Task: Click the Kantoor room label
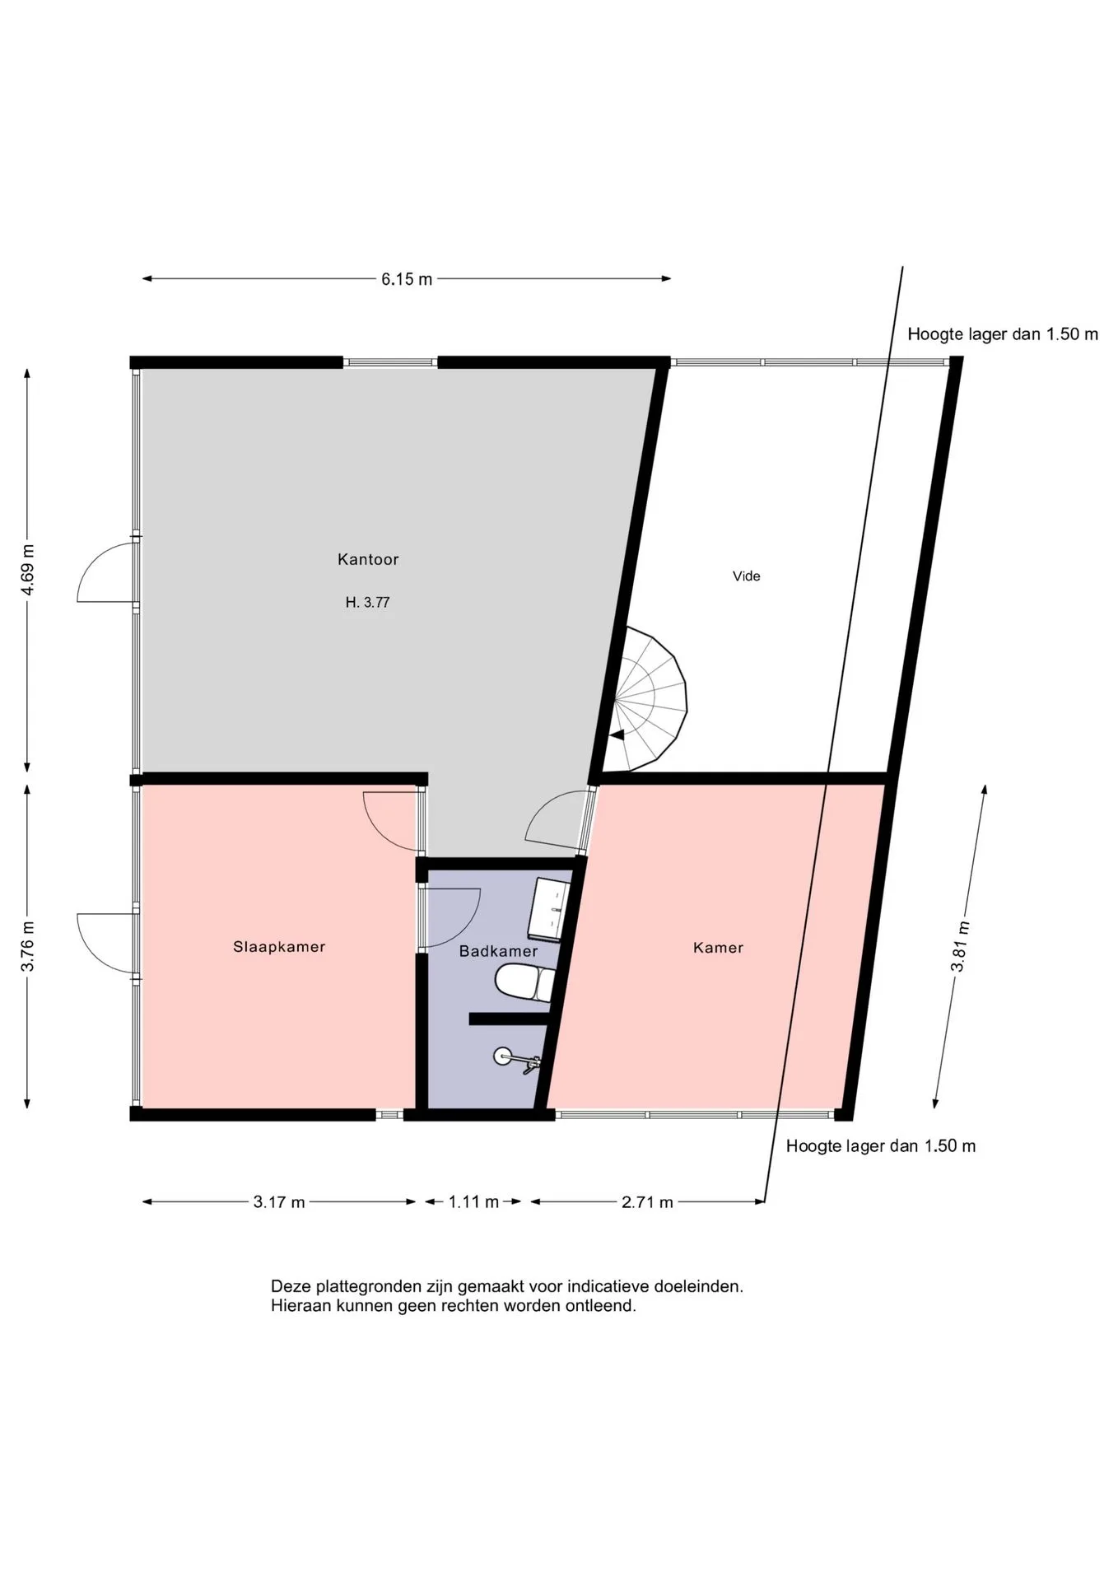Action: click(368, 559)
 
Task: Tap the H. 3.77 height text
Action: click(367, 603)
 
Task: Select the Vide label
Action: click(747, 576)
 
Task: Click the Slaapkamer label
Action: click(279, 947)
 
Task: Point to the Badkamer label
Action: click(498, 951)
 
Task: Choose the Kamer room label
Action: click(718, 948)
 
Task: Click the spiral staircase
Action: click(646, 699)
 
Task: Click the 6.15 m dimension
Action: click(407, 279)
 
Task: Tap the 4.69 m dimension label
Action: click(27, 570)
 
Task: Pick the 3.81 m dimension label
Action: click(960, 946)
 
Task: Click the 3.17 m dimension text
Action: click(279, 1202)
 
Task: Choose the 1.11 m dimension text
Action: click(473, 1202)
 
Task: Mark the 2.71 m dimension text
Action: click(647, 1202)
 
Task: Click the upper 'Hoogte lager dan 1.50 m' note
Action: click(1003, 334)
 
